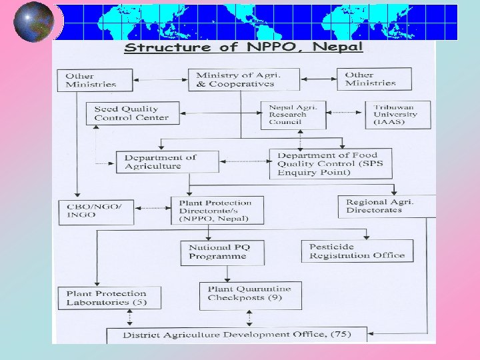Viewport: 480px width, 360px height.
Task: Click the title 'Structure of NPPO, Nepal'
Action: click(x=244, y=47)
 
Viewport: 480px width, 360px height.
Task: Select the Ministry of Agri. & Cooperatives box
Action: click(x=243, y=79)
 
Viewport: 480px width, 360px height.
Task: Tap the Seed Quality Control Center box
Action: click(x=132, y=113)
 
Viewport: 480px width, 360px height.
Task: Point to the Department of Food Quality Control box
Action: click(x=331, y=164)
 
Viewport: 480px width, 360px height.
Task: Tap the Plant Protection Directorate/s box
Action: click(x=217, y=210)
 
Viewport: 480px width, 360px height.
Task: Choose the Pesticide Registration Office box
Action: click(x=357, y=251)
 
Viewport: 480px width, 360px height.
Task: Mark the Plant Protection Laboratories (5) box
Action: click(x=111, y=297)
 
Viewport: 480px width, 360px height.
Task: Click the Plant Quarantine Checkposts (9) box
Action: click(x=249, y=294)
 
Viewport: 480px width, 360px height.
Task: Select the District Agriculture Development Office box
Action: click(x=237, y=335)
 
